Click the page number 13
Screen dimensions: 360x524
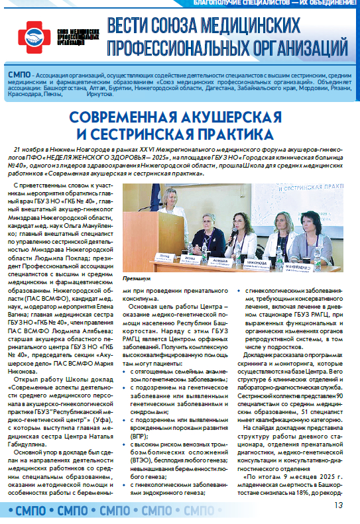tap(339, 505)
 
